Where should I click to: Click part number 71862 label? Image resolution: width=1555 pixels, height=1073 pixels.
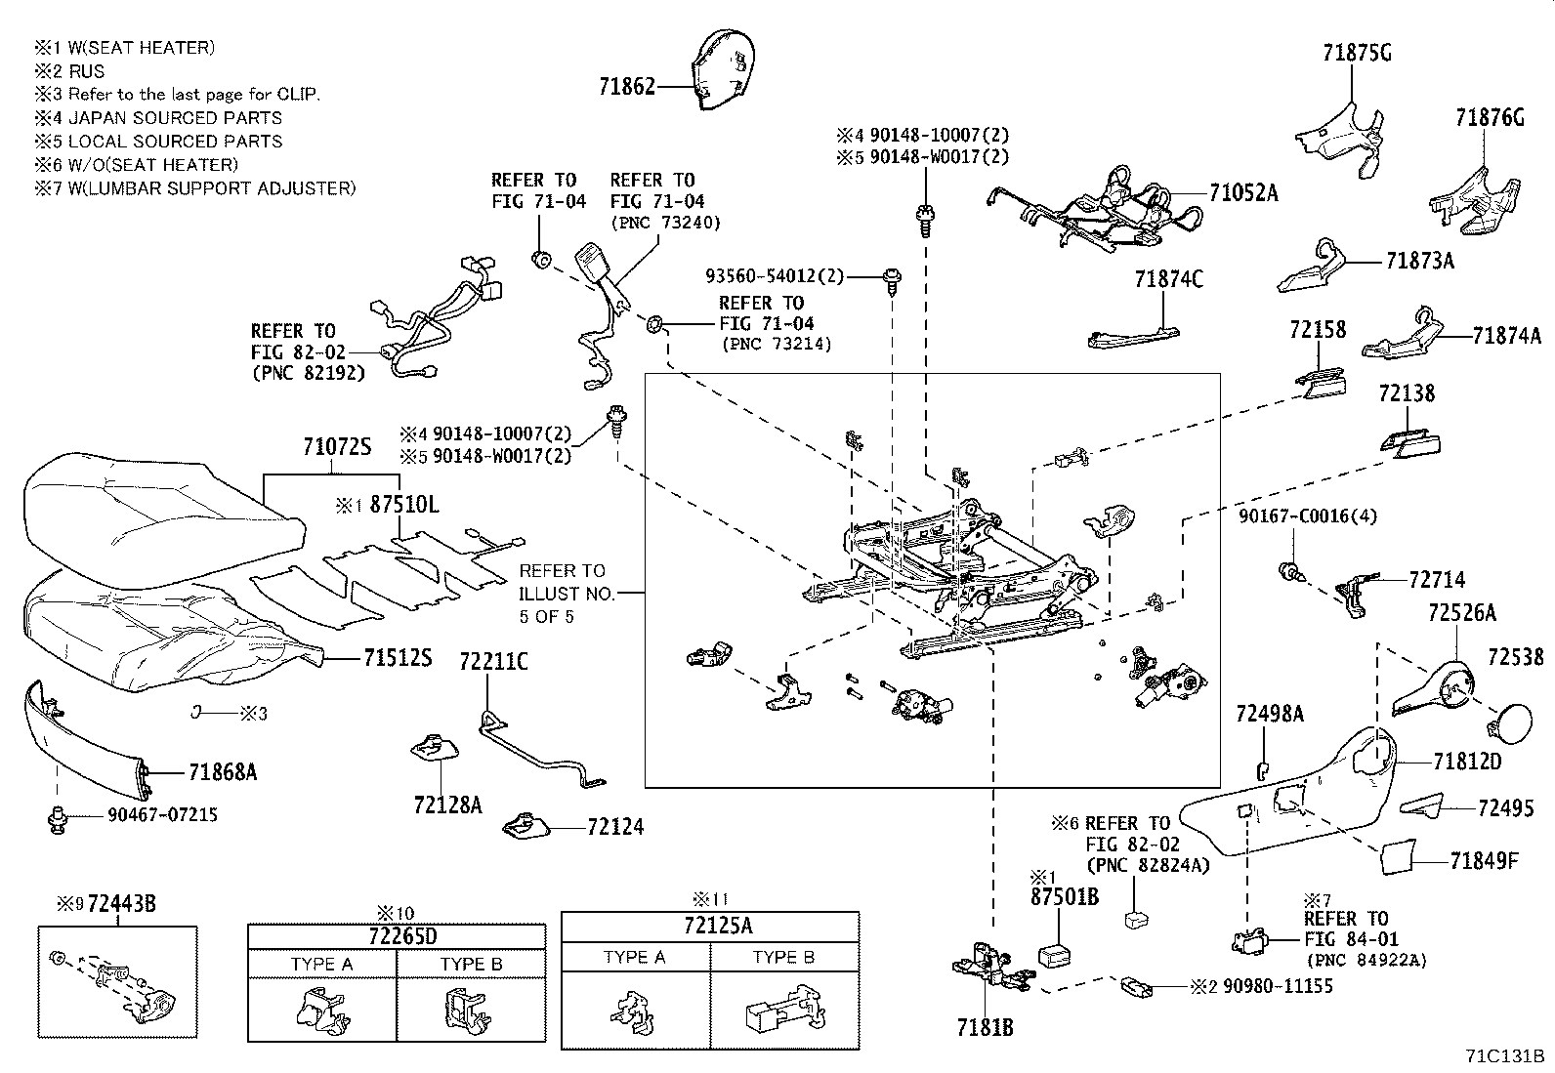point(627,87)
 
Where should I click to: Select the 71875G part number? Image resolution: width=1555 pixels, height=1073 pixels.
point(1357,53)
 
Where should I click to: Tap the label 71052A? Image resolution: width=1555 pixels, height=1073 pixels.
point(1243,193)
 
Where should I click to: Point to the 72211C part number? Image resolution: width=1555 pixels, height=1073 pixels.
point(493,661)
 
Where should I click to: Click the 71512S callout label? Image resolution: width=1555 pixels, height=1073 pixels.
point(398,657)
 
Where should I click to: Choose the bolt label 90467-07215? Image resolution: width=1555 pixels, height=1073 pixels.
point(162,815)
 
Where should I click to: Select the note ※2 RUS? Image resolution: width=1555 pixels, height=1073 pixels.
point(69,71)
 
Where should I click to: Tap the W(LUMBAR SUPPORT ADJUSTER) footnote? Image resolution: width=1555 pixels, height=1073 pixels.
point(212,188)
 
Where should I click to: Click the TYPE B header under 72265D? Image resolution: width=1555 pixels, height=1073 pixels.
point(471,964)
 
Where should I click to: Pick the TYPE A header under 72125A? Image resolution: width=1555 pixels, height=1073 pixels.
point(635,957)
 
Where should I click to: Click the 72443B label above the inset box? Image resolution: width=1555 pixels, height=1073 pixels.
point(121,904)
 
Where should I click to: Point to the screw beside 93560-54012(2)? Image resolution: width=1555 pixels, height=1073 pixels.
point(892,279)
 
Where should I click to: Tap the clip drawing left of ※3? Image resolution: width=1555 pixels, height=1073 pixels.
point(197,712)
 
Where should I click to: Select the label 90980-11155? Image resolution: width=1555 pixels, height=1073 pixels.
point(1278,986)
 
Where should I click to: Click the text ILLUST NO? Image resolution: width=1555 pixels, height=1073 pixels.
point(567,595)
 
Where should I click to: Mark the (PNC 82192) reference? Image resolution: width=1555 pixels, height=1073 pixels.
point(309,373)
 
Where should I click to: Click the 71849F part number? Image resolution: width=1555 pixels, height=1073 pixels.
point(1485,861)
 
